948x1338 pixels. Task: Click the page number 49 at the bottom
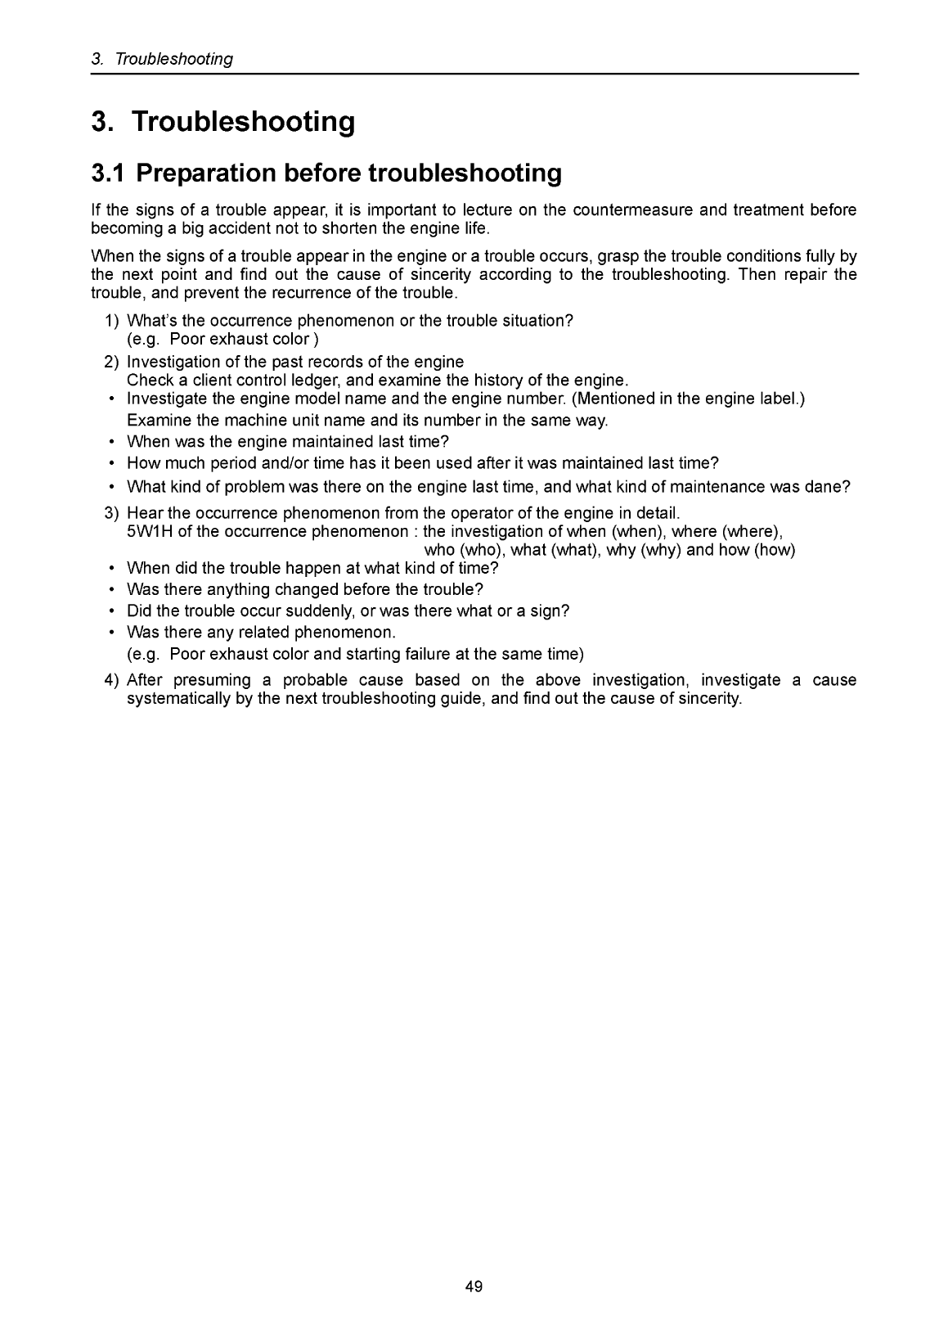[474, 1286]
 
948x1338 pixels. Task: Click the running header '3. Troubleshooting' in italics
[162, 59]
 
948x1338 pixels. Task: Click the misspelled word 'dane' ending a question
[829, 488]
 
